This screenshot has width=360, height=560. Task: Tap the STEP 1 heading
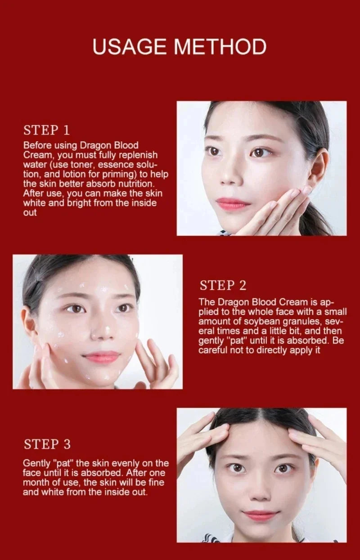(x=46, y=130)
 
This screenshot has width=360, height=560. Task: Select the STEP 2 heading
(x=223, y=285)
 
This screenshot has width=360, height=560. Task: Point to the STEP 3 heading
(x=47, y=444)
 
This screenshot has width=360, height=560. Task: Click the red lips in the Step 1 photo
(x=232, y=203)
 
